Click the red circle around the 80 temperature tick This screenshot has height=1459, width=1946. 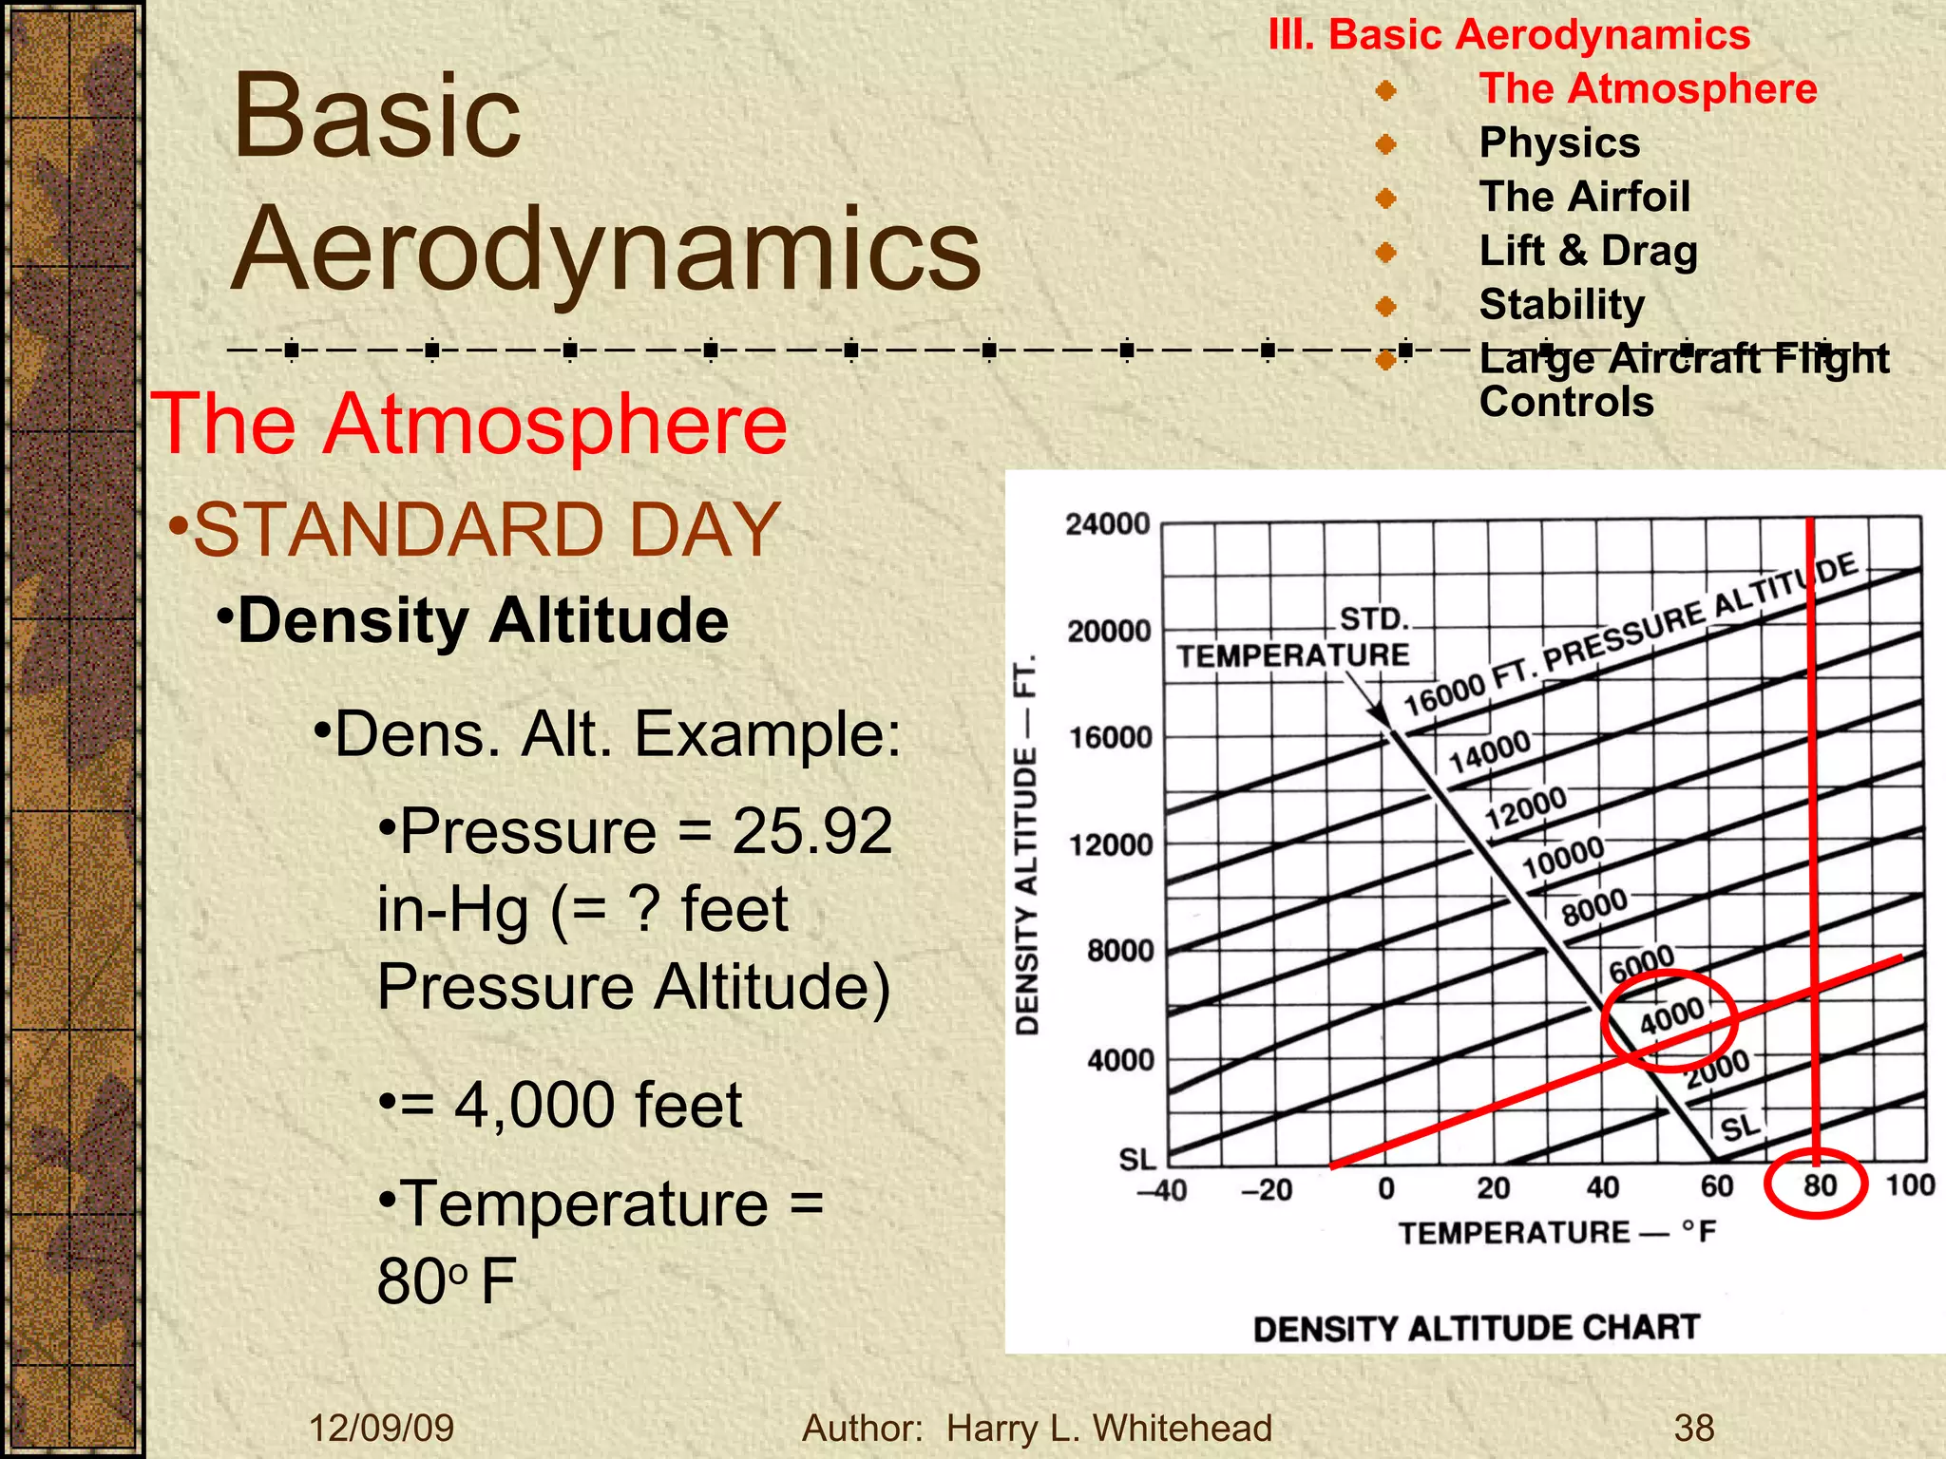[x=1817, y=1184]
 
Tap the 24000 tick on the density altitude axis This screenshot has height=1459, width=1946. [x=1107, y=524]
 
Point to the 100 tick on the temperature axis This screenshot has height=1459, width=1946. [x=1910, y=1185]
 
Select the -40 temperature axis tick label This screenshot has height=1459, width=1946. [x=1161, y=1189]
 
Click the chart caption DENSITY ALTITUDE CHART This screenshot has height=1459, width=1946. [x=1476, y=1328]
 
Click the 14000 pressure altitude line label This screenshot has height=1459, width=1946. [x=1489, y=751]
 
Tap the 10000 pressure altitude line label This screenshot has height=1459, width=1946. [x=1563, y=858]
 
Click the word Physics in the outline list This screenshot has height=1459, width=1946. [x=1559, y=142]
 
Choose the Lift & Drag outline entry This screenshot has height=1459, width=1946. [x=1588, y=251]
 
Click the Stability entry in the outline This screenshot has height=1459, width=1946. [x=1561, y=305]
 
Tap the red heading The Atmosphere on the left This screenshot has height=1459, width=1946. [x=469, y=424]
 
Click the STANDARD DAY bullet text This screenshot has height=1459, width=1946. [x=486, y=530]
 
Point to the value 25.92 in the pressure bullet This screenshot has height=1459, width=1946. [x=811, y=831]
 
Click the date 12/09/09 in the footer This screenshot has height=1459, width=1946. [x=381, y=1428]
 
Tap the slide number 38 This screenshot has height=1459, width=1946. [x=1694, y=1428]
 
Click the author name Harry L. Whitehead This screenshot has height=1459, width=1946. [x=1109, y=1428]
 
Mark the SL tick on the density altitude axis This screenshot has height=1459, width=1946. [x=1136, y=1159]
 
